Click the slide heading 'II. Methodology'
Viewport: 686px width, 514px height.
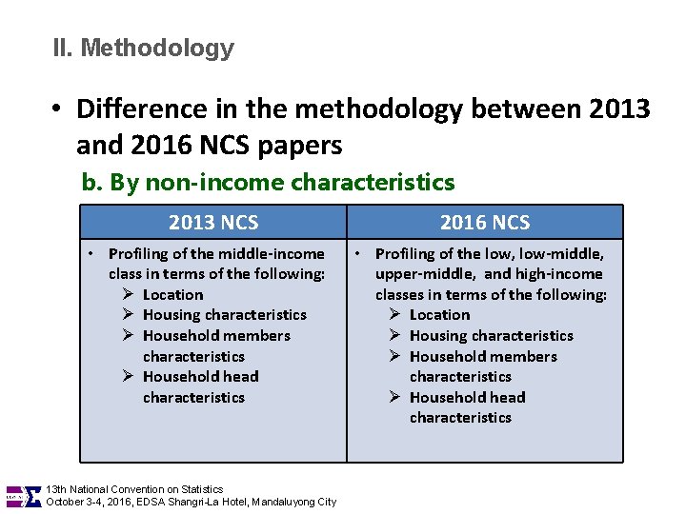click(x=144, y=48)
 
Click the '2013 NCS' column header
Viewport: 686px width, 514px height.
click(x=213, y=223)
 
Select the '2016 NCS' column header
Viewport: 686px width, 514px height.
click(x=484, y=223)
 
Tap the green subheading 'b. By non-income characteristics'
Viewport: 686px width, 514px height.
click(x=268, y=182)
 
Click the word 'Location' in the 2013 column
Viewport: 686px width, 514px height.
click(x=172, y=295)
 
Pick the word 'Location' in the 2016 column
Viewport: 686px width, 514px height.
click(x=439, y=315)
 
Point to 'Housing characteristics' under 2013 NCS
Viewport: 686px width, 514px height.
click(x=225, y=315)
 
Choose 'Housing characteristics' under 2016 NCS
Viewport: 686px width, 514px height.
click(x=492, y=336)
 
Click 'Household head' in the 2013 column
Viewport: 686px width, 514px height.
click(x=200, y=377)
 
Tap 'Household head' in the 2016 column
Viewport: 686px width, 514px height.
click(x=467, y=398)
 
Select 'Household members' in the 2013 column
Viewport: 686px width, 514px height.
click(x=216, y=336)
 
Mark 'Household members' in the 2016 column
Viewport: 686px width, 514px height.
click(x=483, y=357)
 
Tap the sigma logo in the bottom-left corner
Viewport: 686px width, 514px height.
click(x=31, y=496)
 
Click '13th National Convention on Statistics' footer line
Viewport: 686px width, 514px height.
click(x=134, y=489)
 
